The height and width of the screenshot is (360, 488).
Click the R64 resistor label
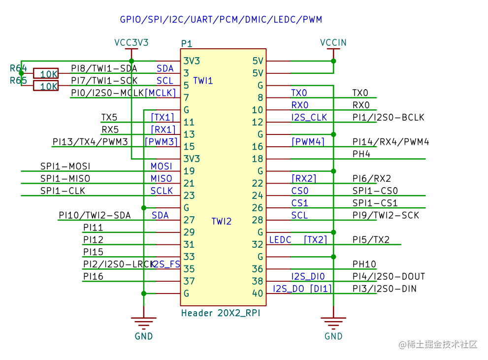tap(18, 68)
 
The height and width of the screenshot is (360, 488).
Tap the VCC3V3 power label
tap(131, 42)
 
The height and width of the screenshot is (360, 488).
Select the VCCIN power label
tap(333, 42)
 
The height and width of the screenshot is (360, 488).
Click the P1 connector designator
tap(187, 43)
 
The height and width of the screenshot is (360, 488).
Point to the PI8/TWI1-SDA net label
tap(104, 68)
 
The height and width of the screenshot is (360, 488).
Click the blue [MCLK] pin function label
tap(160, 93)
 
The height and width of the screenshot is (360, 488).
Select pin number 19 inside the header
tap(189, 171)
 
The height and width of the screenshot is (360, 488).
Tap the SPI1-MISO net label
tap(65, 178)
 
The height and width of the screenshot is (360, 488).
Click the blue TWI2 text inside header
tap(221, 222)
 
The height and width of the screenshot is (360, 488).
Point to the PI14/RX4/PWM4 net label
tap(390, 142)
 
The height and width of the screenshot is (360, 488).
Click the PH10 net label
tap(364, 264)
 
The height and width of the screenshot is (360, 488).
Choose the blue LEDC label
tap(280, 240)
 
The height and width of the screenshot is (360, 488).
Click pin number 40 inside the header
tap(258, 294)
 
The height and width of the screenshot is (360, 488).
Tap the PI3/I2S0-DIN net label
tap(384, 289)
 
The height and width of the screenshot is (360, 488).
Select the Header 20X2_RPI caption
tap(220, 313)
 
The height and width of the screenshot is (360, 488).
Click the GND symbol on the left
tap(143, 325)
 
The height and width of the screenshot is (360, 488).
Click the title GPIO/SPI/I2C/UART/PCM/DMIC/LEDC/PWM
tap(221, 20)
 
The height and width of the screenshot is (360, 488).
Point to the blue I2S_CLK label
tap(309, 118)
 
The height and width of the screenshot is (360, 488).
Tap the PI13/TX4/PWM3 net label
tap(90, 142)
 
